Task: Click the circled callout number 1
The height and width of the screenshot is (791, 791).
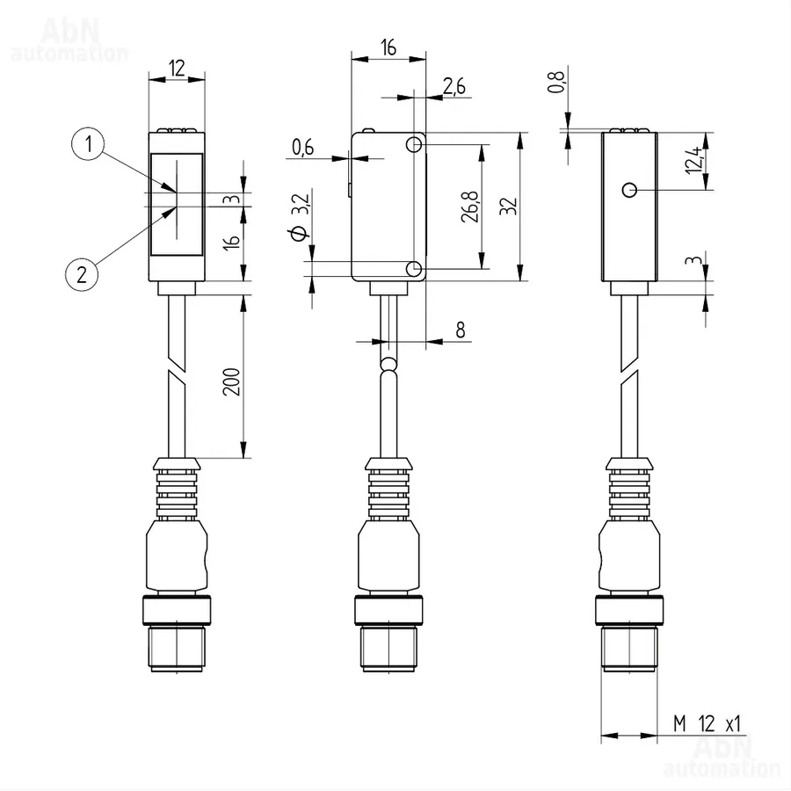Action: [x=88, y=144]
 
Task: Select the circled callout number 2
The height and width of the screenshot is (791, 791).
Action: [x=82, y=274]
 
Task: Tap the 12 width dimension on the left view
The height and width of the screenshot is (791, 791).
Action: [x=177, y=68]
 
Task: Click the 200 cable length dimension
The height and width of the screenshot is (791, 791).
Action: [x=231, y=382]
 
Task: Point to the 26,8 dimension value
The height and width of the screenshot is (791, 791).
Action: [x=469, y=207]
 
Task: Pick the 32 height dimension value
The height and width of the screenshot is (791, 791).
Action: [x=509, y=207]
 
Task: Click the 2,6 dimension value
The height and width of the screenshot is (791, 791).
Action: [x=454, y=87]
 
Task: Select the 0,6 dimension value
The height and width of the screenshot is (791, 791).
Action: [x=302, y=148]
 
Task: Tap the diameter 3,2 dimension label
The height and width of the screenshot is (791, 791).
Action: [x=299, y=217]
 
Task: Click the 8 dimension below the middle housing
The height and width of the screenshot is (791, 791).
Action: [x=460, y=330]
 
